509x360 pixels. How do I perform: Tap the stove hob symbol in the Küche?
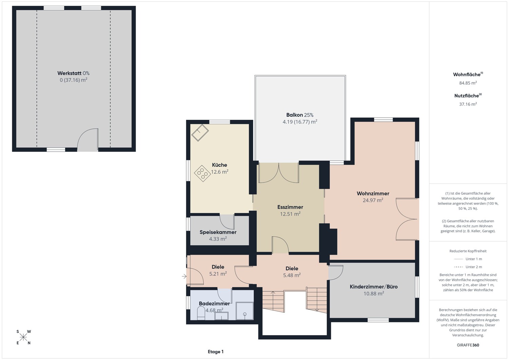[203, 173]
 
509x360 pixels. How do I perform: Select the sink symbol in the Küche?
[200, 133]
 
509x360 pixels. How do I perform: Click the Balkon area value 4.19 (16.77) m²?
[300, 122]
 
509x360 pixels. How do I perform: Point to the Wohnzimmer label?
[373, 193]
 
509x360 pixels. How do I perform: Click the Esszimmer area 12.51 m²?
[290, 214]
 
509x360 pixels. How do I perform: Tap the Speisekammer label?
[218, 232]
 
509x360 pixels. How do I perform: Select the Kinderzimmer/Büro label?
[374, 287]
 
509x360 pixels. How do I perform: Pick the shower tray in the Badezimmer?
[245, 311]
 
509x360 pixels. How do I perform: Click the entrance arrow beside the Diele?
[184, 277]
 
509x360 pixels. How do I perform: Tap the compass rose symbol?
[23, 337]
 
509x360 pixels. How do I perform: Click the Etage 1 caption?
[215, 352]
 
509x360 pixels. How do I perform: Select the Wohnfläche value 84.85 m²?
[468, 83]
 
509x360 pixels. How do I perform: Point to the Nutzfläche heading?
[468, 96]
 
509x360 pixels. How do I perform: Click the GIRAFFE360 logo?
[468, 345]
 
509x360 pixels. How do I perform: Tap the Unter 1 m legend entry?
[468, 259]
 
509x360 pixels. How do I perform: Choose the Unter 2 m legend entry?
[468, 267]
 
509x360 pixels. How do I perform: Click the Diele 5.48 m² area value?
[292, 275]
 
